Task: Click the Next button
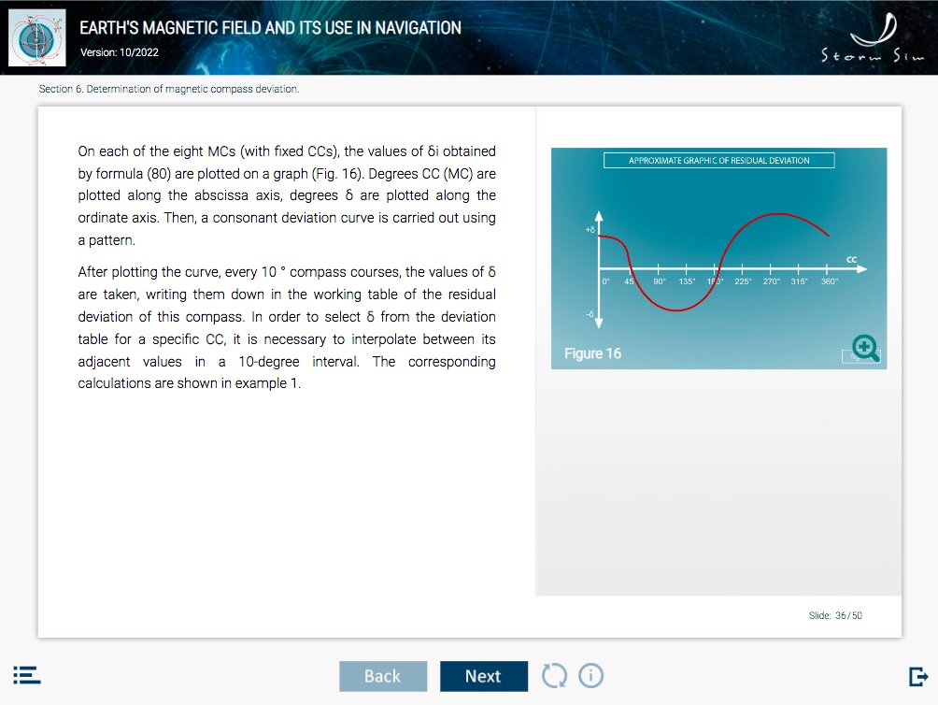coord(484,676)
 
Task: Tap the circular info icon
coord(591,676)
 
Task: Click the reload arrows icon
coord(554,676)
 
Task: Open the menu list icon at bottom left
coord(27,675)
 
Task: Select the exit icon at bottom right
coord(918,676)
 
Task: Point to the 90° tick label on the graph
coord(660,281)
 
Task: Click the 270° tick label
coord(771,281)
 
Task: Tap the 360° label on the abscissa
coord(829,281)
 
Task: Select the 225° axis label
coord(743,281)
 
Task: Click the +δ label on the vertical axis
coord(590,230)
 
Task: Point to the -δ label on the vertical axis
coord(590,314)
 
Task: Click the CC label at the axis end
coord(851,260)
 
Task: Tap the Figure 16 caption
coord(593,353)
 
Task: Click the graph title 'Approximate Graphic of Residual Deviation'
coord(719,161)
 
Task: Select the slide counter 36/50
coord(835,615)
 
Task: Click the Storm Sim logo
coord(873,37)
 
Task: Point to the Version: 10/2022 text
coord(120,52)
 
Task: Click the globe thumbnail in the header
coord(37,37)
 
